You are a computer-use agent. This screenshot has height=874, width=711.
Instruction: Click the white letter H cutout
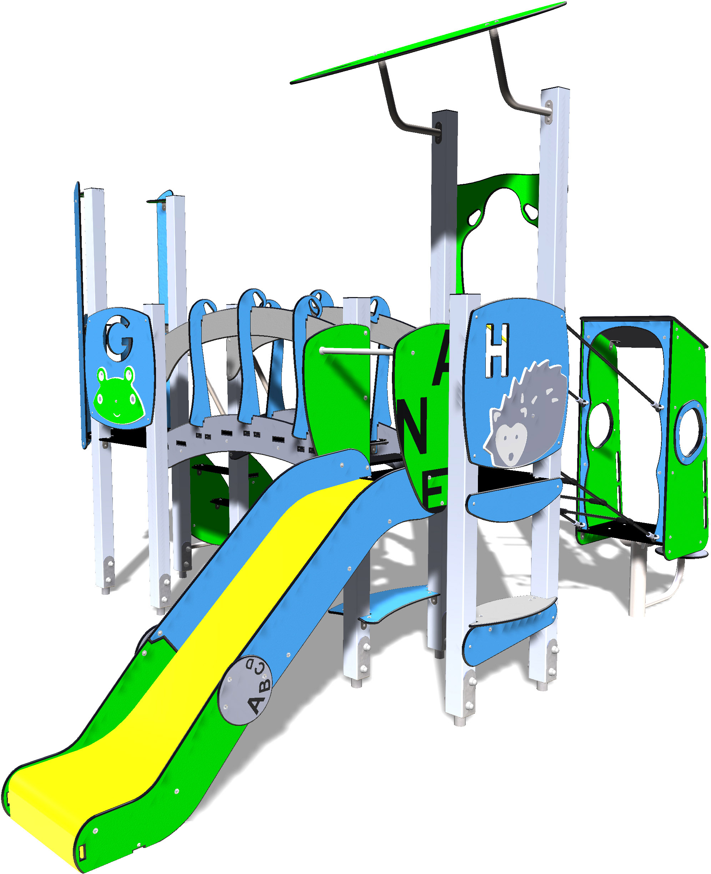pos(497,351)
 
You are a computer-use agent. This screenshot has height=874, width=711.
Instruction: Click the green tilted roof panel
pos(428,42)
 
